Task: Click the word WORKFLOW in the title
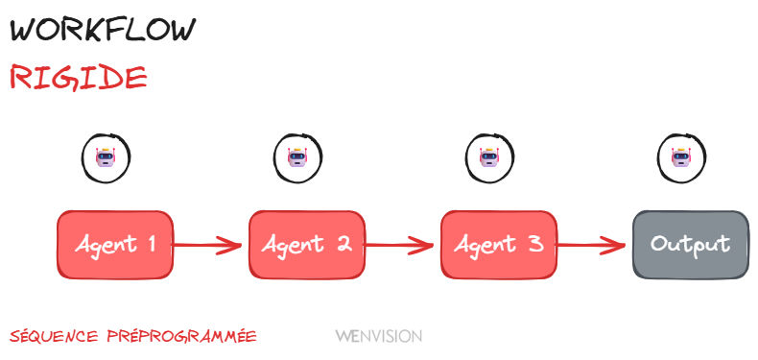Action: (x=103, y=29)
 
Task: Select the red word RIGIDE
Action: (x=78, y=77)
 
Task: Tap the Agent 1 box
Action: (x=115, y=245)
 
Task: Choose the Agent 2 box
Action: (x=307, y=245)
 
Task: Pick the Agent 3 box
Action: (x=499, y=245)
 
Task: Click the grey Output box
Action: (x=690, y=245)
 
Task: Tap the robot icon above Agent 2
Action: (x=296, y=156)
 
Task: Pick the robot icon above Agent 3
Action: (x=488, y=156)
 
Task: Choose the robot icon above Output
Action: (x=680, y=156)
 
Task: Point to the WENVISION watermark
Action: (x=378, y=337)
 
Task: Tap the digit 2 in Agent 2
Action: (x=343, y=245)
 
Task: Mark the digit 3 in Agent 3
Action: (x=535, y=245)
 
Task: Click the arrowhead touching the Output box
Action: (x=619, y=245)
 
